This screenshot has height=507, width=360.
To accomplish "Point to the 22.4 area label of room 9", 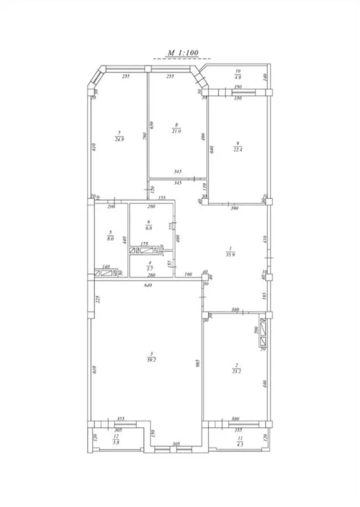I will coord(237,148).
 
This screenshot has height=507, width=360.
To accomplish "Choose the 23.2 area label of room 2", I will coord(237,369).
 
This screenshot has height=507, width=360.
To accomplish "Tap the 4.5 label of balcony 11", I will coord(238,444).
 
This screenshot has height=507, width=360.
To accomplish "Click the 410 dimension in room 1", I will coord(265,240).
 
